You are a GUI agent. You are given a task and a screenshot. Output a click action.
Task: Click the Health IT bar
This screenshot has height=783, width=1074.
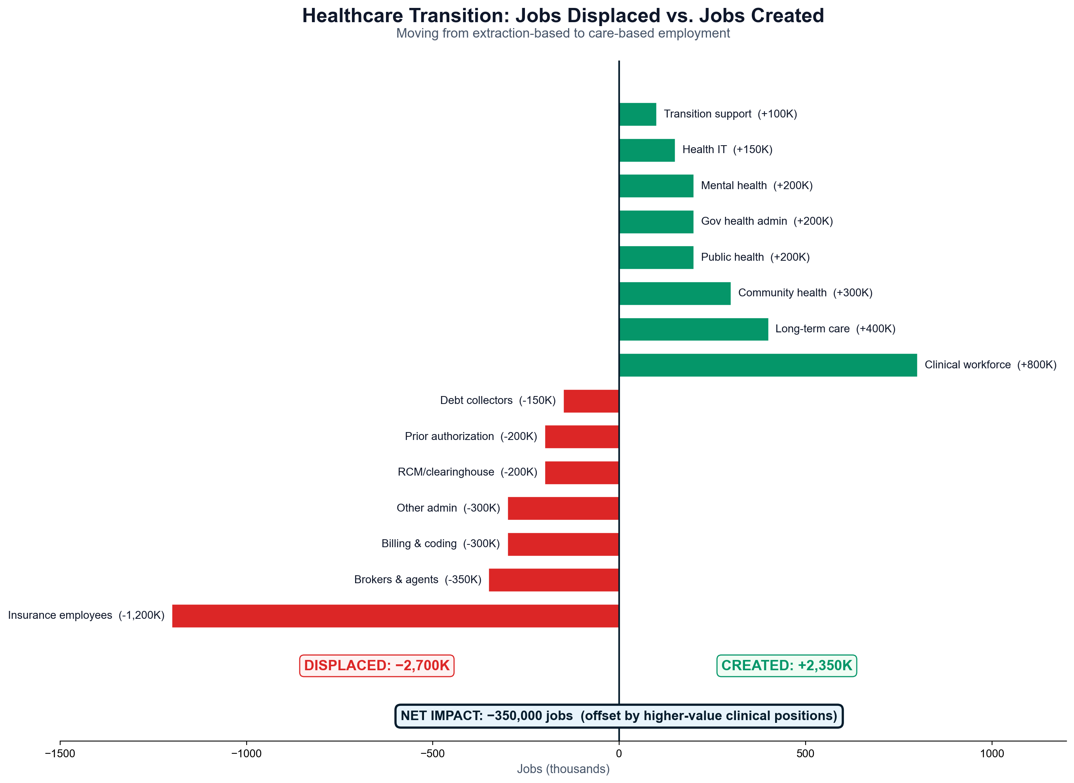[x=646, y=150]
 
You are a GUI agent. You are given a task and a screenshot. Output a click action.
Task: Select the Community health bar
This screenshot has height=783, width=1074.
[x=674, y=294]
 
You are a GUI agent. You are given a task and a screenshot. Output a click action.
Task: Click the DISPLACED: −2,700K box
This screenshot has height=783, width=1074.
[x=376, y=665]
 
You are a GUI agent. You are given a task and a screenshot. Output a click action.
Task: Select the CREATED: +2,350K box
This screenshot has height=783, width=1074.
[x=786, y=665]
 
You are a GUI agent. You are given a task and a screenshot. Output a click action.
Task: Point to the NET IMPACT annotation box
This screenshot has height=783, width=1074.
[x=618, y=716]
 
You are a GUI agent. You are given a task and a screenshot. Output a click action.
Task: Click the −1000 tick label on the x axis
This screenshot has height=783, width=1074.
[x=246, y=754]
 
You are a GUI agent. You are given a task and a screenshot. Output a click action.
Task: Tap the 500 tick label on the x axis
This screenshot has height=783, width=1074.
[x=805, y=754]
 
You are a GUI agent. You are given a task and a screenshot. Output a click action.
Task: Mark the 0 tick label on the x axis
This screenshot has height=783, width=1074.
[x=618, y=754]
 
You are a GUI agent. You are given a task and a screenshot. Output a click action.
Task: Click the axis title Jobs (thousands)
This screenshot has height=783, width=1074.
[x=563, y=769]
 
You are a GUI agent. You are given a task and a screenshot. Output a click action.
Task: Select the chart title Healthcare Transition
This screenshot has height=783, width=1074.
[x=563, y=16]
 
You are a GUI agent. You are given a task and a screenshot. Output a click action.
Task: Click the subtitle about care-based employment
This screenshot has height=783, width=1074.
[x=563, y=34]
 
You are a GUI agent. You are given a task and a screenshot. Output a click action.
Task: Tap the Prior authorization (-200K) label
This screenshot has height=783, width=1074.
[x=470, y=436]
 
